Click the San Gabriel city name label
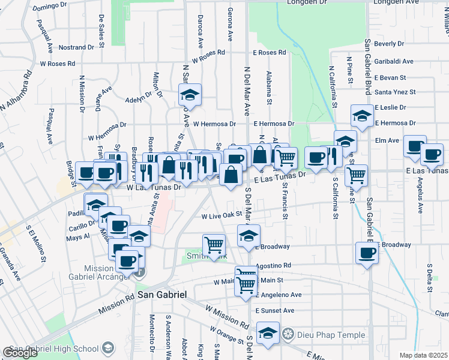(162, 295)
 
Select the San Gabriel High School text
(53, 349)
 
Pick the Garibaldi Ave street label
(393, 61)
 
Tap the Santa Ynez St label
(395, 92)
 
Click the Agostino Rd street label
(273, 265)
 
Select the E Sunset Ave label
(274, 311)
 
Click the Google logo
(20, 352)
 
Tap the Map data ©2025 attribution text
(423, 355)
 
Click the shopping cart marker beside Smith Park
(214, 245)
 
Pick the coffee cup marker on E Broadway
(366, 253)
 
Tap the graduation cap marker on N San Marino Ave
(190, 94)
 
